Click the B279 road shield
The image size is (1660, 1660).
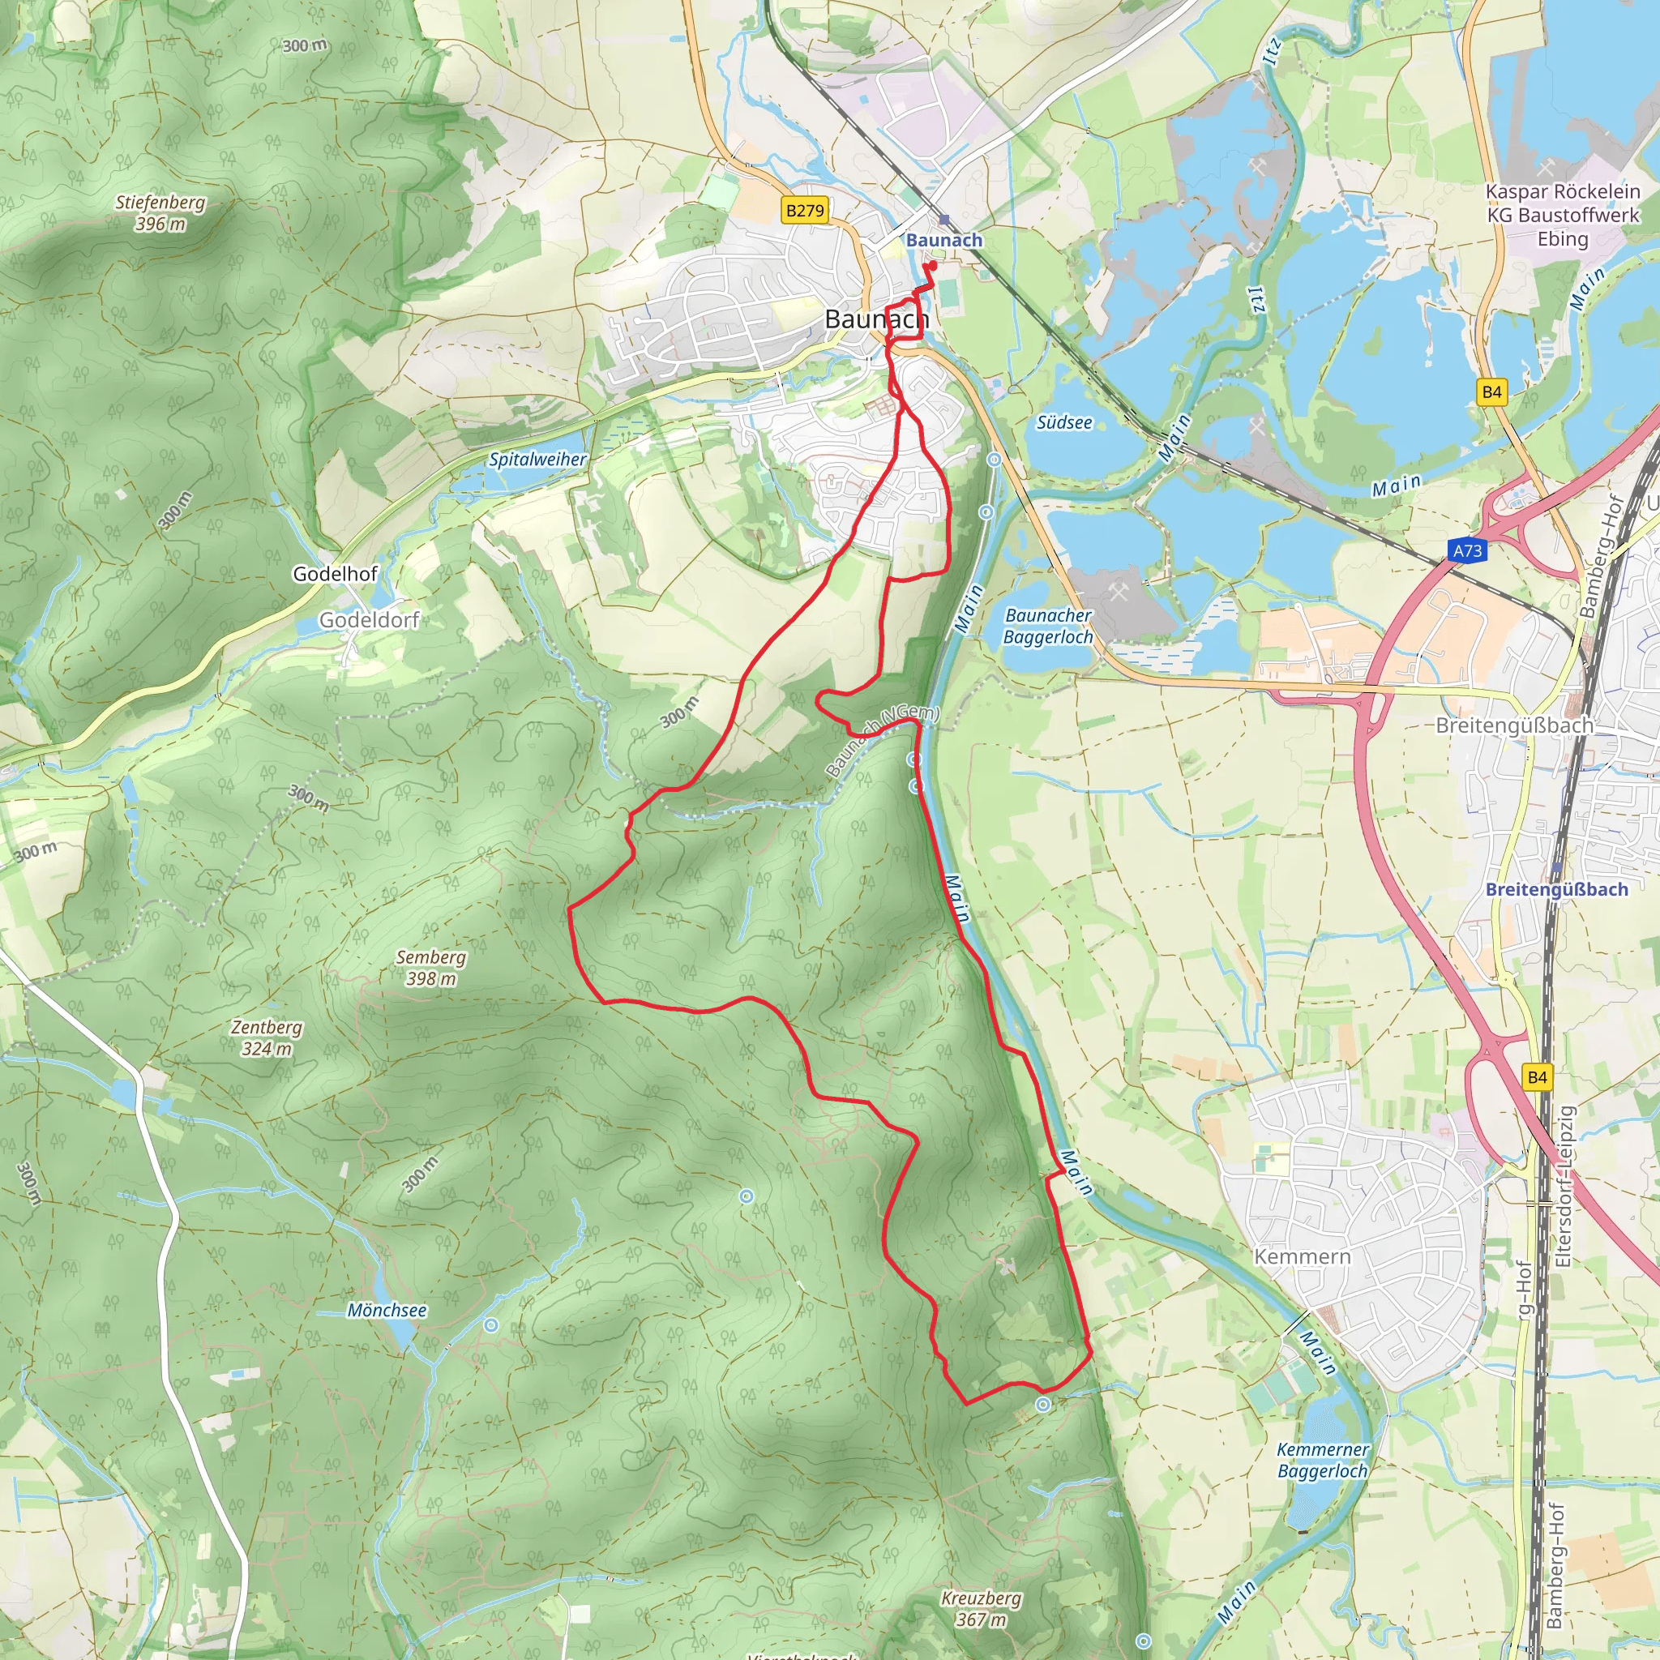804,210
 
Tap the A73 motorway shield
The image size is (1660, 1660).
1468,550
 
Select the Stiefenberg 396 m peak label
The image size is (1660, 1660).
160,213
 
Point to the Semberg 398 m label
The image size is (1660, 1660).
430,968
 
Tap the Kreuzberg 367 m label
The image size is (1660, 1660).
981,1608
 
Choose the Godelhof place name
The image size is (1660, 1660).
335,573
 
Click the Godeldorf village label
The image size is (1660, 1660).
369,619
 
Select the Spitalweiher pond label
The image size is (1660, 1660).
538,459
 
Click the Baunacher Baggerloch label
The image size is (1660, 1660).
1047,626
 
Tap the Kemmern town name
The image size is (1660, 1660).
1302,1256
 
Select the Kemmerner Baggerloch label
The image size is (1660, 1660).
1322,1460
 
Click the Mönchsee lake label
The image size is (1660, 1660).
387,1311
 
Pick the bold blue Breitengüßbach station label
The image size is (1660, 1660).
1556,889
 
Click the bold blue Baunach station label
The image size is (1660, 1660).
943,240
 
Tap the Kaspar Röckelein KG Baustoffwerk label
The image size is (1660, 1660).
1562,215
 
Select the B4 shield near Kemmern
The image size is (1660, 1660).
1537,1076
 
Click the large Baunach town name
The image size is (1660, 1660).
876,319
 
